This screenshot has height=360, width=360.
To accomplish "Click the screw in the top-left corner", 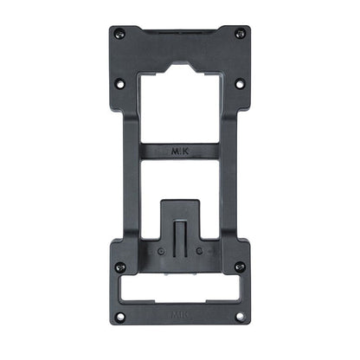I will click(120, 34).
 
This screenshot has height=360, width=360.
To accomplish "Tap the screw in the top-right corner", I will click(240, 34).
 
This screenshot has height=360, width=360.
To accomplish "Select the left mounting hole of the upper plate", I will click(120, 83).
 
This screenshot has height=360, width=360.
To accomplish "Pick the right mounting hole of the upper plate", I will click(240, 83).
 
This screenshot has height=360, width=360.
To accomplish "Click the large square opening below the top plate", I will click(179, 100).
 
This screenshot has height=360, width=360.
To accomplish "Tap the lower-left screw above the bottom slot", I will click(120, 267).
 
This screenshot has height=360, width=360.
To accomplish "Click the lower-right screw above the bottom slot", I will click(240, 267).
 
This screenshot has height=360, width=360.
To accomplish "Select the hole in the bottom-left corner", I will click(120, 316).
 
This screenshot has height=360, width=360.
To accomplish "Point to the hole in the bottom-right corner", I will click(240, 316).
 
